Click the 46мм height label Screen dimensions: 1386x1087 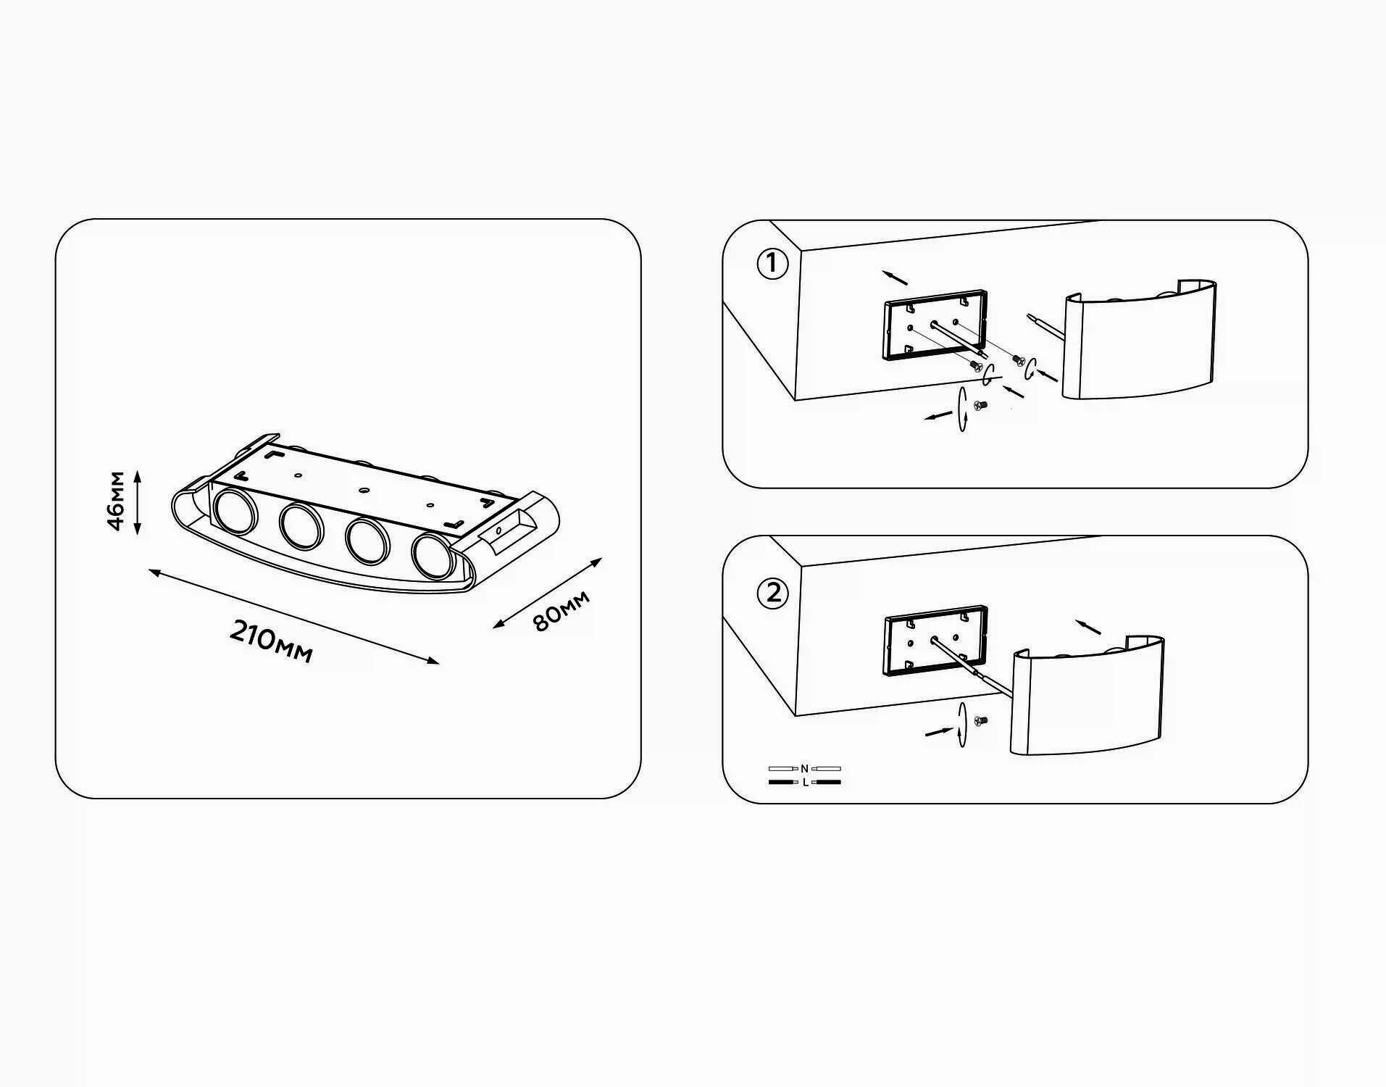pyautogui.click(x=116, y=501)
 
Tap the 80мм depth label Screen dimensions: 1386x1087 pyautogui.click(x=562, y=610)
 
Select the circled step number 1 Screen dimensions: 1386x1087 pyautogui.click(x=772, y=264)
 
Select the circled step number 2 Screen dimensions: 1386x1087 pyautogui.click(x=772, y=594)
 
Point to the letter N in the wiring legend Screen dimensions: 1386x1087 pyautogui.click(x=804, y=768)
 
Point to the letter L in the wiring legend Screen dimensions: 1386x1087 pyautogui.click(x=805, y=783)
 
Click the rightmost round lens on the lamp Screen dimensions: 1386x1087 pyautogui.click(x=433, y=557)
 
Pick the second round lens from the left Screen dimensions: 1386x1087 pyautogui.click(x=301, y=526)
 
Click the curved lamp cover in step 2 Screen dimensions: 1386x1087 pyautogui.click(x=1087, y=696)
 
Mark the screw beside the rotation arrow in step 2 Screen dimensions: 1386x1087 pyautogui.click(x=981, y=721)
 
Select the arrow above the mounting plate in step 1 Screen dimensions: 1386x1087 pyautogui.click(x=896, y=278)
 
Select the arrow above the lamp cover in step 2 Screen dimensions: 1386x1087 pyautogui.click(x=1088, y=627)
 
